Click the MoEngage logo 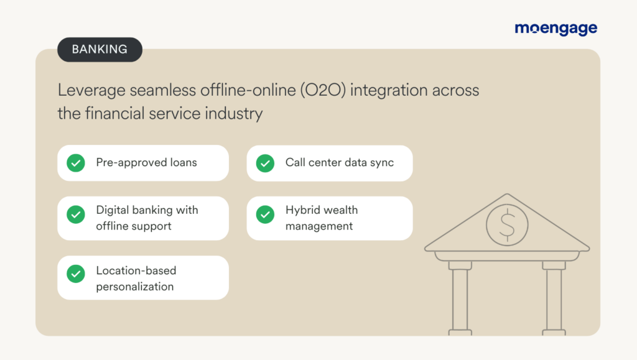(x=556, y=29)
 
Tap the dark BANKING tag (x=100, y=50)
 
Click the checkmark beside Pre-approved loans (x=76, y=164)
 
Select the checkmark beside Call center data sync (x=265, y=164)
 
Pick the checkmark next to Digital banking (x=76, y=215)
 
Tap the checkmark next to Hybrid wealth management (x=265, y=215)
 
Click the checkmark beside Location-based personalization (x=76, y=274)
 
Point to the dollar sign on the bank (x=507, y=224)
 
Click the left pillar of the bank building (x=460, y=295)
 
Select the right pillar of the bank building (x=554, y=295)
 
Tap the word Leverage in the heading (x=91, y=90)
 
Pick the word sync (x=381, y=163)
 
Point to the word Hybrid (x=303, y=210)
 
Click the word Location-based (x=136, y=270)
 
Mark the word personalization (x=134, y=287)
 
